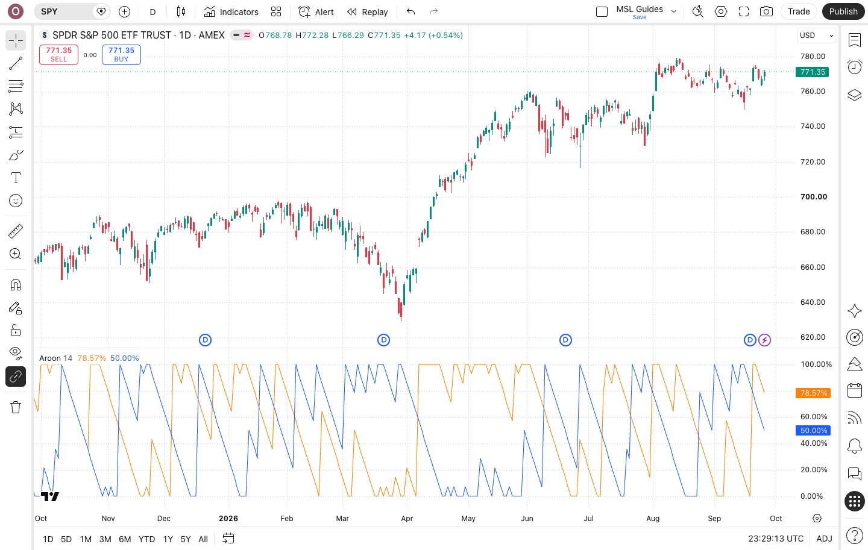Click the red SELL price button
[58, 55]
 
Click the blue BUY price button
[121, 55]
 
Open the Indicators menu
[231, 12]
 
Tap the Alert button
[316, 12]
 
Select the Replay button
[367, 12]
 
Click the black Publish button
[843, 11]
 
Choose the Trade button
[799, 11]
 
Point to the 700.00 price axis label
[814, 197]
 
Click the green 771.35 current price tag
[812, 72]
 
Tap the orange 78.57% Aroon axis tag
[813, 393]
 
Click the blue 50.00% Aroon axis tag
[813, 430]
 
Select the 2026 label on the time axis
[228, 518]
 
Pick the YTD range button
[147, 539]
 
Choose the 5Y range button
[186, 539]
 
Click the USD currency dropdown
[816, 36]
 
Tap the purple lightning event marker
[764, 340]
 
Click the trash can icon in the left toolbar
[16, 407]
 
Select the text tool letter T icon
[16, 178]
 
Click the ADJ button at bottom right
[824, 539]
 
